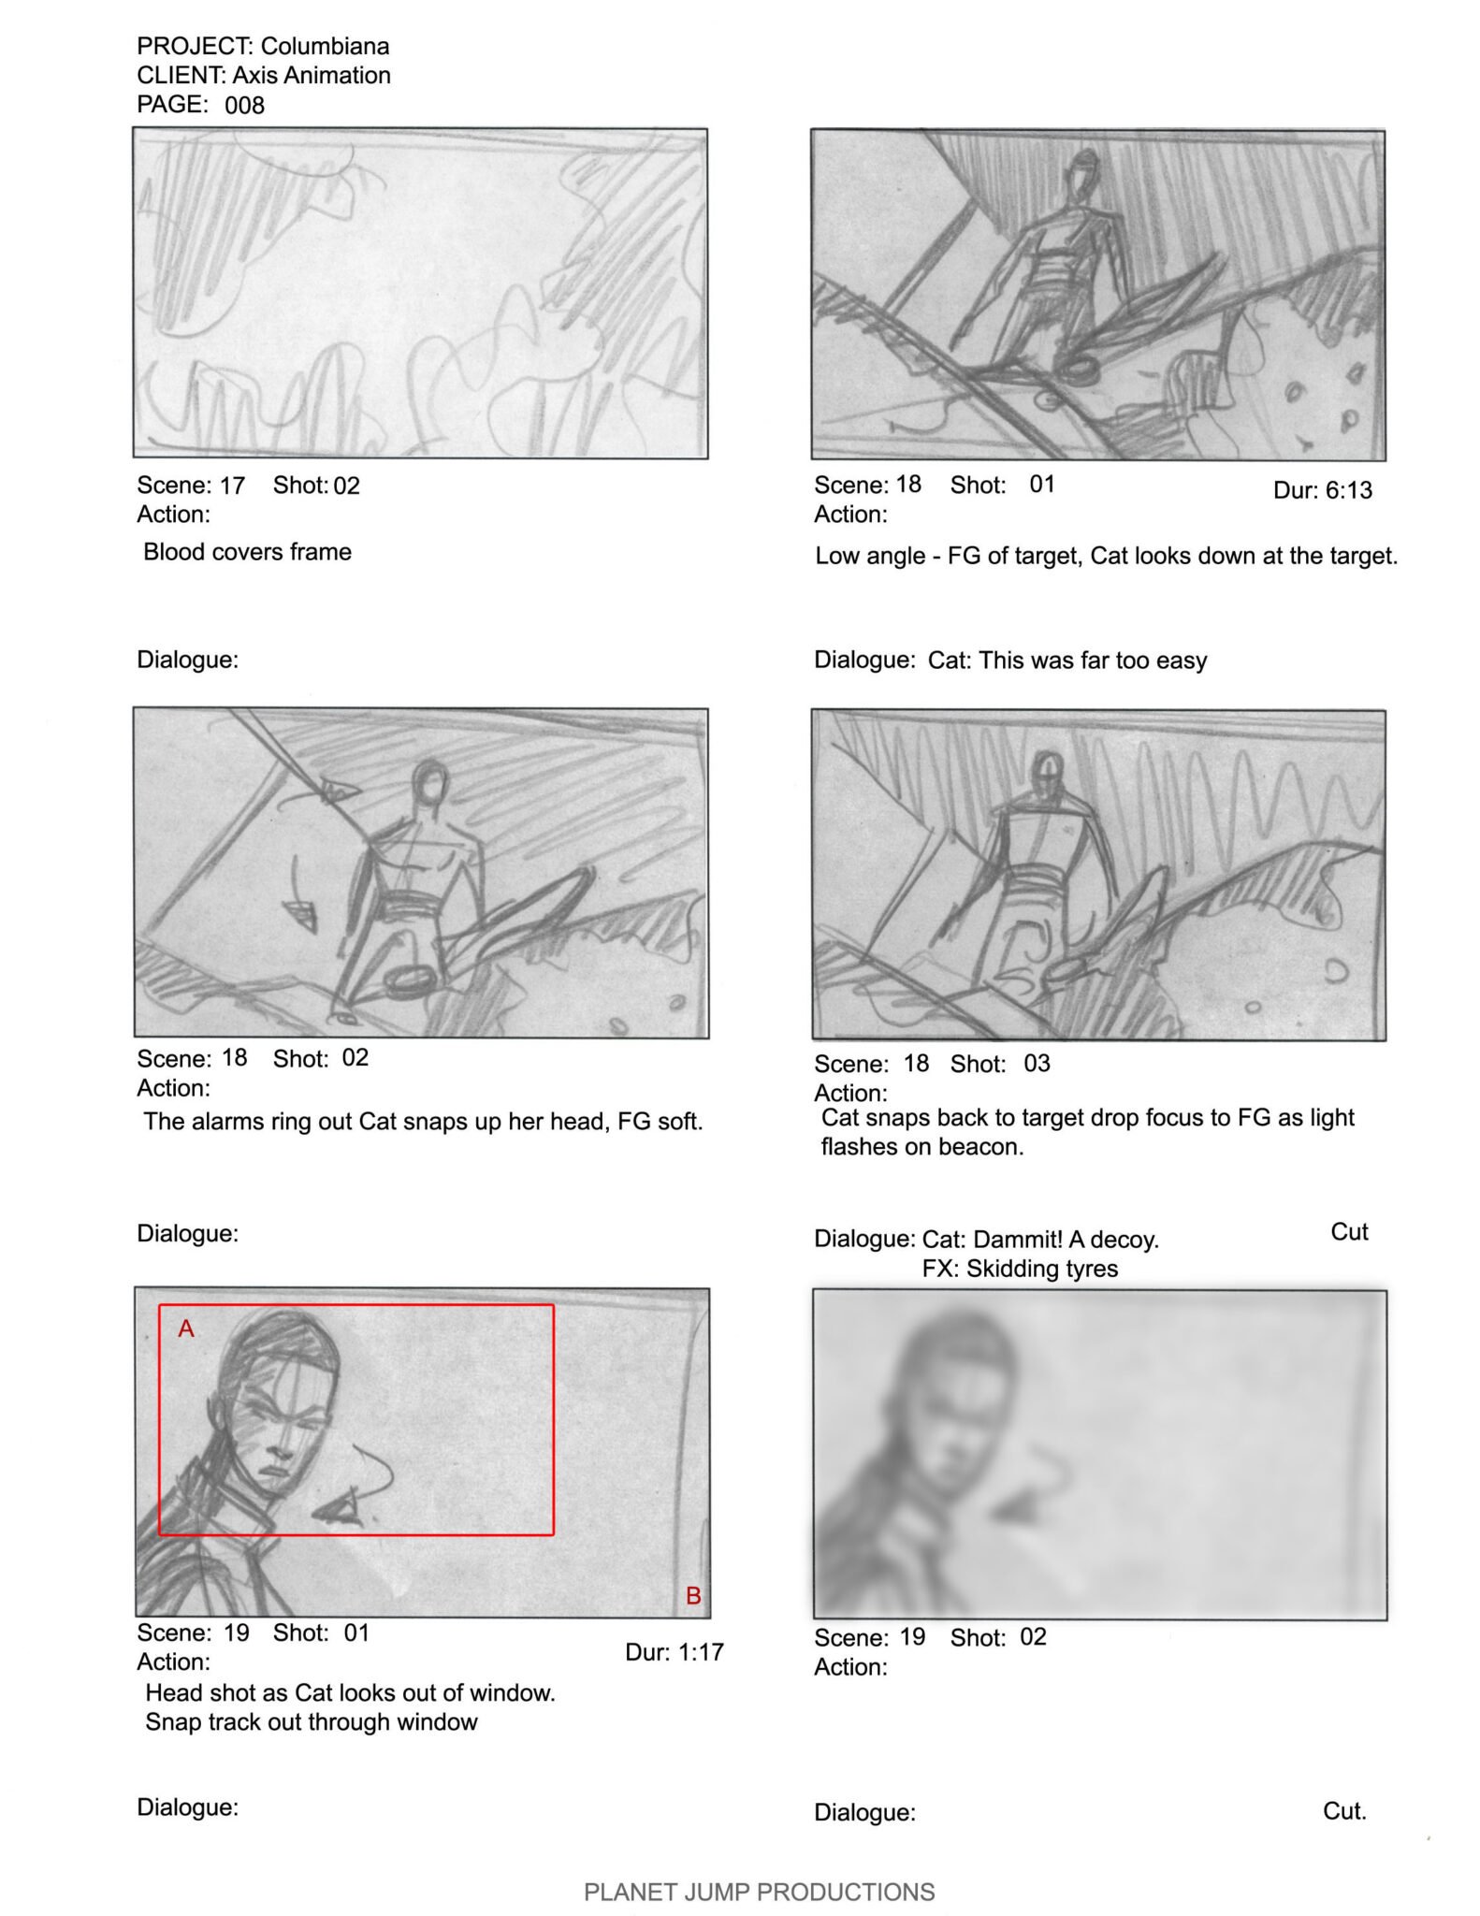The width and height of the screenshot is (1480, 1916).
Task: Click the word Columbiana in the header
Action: point(325,46)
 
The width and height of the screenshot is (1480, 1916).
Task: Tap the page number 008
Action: point(244,105)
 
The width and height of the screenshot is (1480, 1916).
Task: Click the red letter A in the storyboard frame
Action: point(186,1328)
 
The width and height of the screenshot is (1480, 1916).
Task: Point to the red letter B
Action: point(693,1595)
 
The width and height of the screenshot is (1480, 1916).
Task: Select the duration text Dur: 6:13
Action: point(1322,490)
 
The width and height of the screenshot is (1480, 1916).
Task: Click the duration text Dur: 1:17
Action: point(674,1652)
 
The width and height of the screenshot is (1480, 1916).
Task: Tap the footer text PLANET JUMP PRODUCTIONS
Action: point(759,1892)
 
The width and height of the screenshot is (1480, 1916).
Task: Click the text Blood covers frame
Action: point(247,552)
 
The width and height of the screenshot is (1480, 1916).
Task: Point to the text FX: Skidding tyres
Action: point(1020,1269)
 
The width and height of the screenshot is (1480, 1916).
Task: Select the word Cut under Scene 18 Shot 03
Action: point(1349,1232)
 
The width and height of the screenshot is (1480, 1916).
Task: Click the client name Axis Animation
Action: point(312,75)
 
